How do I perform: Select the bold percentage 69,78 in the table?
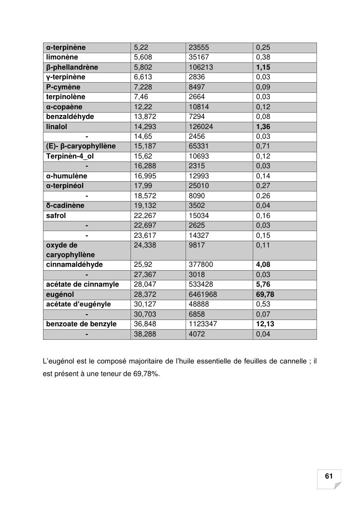click(265, 294)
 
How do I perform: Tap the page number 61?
click(329, 476)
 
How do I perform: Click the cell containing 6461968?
click(203, 294)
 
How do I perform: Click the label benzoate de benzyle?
click(81, 324)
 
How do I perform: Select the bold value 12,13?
click(265, 324)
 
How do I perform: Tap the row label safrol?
click(56, 216)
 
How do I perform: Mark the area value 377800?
click(201, 265)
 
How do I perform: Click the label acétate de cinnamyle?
click(82, 285)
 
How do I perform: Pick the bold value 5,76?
click(263, 285)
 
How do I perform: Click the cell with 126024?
click(201, 127)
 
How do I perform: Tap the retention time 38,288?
click(145, 334)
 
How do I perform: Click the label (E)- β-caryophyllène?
click(81, 146)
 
